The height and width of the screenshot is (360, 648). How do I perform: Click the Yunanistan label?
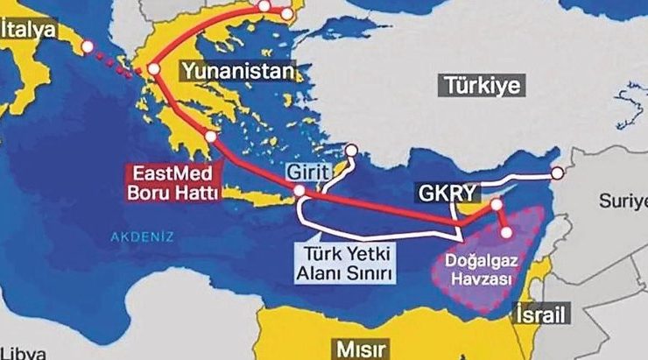(x=236, y=71)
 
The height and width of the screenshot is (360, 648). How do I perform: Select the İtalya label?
(x=29, y=29)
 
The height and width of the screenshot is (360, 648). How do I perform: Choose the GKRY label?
(x=440, y=193)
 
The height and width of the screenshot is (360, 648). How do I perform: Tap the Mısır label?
(x=358, y=349)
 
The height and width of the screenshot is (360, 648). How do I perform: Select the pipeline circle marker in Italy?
(x=87, y=46)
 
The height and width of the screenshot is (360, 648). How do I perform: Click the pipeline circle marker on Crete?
(x=299, y=190)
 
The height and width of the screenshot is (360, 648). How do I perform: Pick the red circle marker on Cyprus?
(x=497, y=204)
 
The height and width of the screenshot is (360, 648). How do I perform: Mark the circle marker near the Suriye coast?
(x=557, y=173)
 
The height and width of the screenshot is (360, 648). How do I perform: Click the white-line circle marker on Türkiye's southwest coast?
(x=353, y=150)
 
